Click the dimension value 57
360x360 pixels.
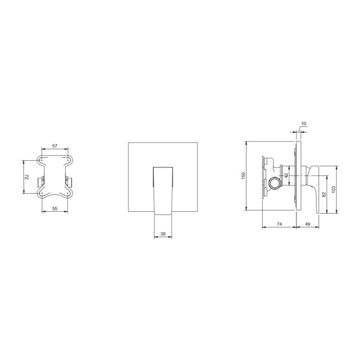click(x=55, y=146)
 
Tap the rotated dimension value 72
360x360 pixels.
click(x=26, y=177)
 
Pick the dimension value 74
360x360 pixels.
click(x=280, y=224)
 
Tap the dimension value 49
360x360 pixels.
click(x=307, y=224)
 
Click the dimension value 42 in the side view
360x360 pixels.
click(x=286, y=176)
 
